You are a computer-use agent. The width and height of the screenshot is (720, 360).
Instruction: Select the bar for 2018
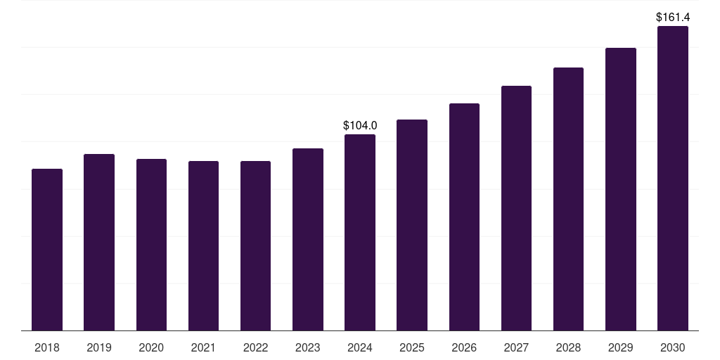[47, 250]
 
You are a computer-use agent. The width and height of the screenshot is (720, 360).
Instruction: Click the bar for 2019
[99, 243]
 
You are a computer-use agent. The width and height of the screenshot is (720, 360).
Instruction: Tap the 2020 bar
[152, 245]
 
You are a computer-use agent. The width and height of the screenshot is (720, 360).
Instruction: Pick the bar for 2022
[255, 246]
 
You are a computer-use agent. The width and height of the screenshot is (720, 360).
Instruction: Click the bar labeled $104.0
[360, 233]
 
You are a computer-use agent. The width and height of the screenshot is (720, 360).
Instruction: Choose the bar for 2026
[464, 217]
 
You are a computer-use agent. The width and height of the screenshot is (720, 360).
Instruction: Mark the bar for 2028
[568, 199]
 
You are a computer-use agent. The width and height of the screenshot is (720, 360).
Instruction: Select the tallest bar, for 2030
[673, 179]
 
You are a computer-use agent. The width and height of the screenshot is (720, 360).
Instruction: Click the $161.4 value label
[673, 18]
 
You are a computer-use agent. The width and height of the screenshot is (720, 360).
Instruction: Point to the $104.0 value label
[360, 125]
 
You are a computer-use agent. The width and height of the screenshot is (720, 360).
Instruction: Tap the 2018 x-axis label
[47, 348]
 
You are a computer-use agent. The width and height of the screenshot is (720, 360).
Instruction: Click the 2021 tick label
[203, 348]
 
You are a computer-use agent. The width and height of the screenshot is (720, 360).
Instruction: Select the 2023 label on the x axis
[308, 348]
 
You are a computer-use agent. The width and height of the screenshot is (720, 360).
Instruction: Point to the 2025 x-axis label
[412, 348]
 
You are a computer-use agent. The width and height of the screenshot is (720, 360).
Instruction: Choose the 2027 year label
[516, 348]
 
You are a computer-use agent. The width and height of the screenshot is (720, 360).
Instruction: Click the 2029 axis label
[620, 348]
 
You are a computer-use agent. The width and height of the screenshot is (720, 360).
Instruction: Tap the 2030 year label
[673, 348]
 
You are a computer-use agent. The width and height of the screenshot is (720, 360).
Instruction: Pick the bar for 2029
[621, 189]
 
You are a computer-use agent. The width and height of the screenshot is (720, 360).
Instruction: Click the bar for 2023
[308, 240]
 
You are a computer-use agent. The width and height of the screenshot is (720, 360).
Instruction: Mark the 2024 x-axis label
[360, 348]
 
